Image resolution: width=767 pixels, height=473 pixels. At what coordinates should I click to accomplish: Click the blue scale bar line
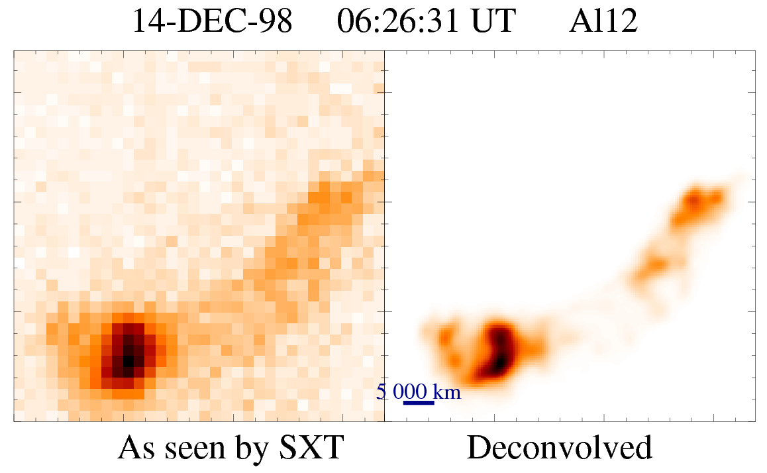418,402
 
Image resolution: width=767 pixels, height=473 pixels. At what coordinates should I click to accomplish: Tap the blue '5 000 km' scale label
418,392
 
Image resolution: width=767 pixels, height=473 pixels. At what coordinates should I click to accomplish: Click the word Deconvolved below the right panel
560,448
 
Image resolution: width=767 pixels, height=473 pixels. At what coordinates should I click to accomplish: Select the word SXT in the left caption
315,448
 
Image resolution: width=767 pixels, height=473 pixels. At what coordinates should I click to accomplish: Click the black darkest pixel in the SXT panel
128,360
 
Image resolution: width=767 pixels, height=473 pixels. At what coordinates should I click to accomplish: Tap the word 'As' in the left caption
134,448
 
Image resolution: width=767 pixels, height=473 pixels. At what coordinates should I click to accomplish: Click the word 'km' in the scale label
447,392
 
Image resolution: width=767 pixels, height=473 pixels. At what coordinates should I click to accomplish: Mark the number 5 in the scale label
381,392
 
